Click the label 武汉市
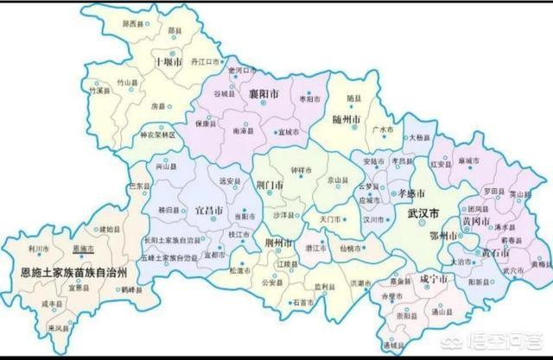pos(423,212)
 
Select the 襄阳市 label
pos(264,92)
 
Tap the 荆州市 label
pos(278,243)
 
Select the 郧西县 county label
pos(136,25)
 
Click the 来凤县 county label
pos(60,329)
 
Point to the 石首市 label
pos(302,302)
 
